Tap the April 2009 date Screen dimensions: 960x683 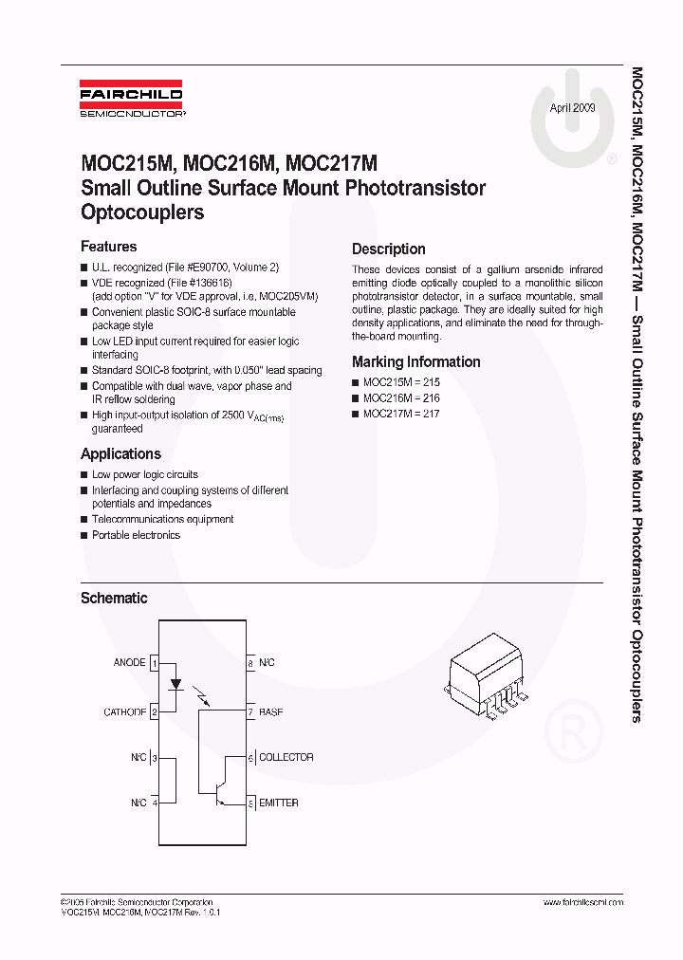pos(573,108)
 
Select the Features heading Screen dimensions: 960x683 pos(108,247)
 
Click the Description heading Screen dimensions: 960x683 pos(388,249)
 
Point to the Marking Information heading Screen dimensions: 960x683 pos(415,361)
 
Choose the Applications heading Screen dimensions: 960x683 pos(120,453)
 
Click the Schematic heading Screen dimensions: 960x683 pos(114,598)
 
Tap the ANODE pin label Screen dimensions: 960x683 pos(129,662)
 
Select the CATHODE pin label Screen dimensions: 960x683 pos(124,711)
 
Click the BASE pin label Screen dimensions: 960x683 pos(271,711)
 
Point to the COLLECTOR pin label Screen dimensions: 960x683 pos(286,757)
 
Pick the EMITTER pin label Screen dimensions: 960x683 pos(279,803)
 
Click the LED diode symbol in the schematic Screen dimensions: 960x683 pos(174,683)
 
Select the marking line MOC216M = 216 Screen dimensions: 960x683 pos(401,398)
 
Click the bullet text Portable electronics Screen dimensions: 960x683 pos(136,535)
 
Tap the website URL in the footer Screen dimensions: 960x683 pos(582,902)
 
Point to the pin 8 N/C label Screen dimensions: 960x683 pos(267,662)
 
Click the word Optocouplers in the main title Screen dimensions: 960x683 pos(142,212)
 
